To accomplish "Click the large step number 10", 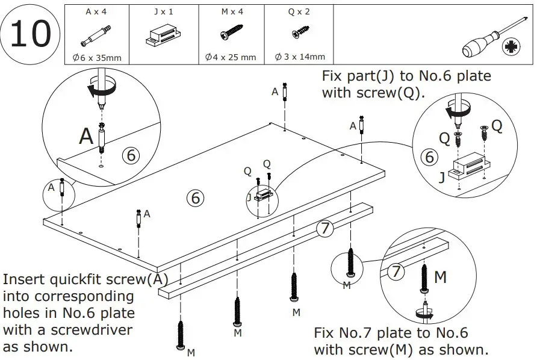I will (x=31, y=34).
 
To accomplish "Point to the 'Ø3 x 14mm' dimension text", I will (x=299, y=57).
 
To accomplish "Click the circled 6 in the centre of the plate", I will (x=194, y=197).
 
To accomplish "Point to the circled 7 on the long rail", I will (x=324, y=229).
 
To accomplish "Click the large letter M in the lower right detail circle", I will (x=441, y=277).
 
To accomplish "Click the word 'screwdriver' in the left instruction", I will (x=96, y=331).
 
